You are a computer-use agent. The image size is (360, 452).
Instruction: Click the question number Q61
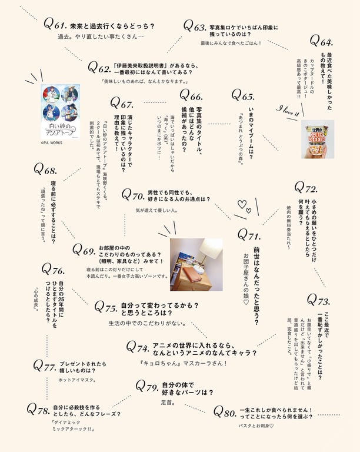[x=54, y=25]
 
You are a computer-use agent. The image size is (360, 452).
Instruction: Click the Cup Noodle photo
[x=318, y=139]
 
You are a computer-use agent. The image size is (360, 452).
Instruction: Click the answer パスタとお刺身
[x=256, y=425]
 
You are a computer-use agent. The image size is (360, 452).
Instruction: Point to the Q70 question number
[x=133, y=194]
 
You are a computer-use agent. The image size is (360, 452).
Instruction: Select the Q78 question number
[x=38, y=409]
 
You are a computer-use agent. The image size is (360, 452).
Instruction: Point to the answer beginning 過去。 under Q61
[x=101, y=37]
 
